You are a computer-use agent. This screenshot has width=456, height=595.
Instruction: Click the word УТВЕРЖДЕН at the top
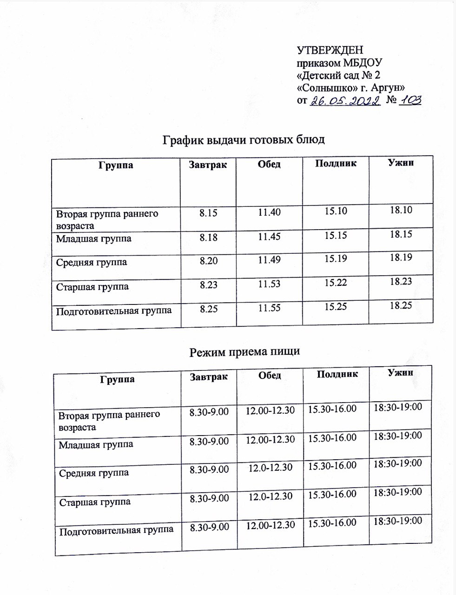click(330, 51)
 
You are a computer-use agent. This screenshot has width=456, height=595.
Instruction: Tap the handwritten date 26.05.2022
click(345, 100)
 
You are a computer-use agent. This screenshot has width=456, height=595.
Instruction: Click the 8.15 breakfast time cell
click(208, 213)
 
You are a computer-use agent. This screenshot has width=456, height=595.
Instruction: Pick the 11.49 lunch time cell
click(269, 262)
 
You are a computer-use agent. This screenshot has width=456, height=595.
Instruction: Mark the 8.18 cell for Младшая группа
click(208, 238)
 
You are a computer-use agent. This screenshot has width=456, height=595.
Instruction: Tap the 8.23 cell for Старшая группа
click(208, 286)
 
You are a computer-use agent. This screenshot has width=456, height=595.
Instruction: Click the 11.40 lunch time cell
click(269, 213)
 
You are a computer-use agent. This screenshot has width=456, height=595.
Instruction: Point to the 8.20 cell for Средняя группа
click(208, 262)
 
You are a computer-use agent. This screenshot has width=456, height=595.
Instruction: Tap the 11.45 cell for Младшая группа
click(269, 238)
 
